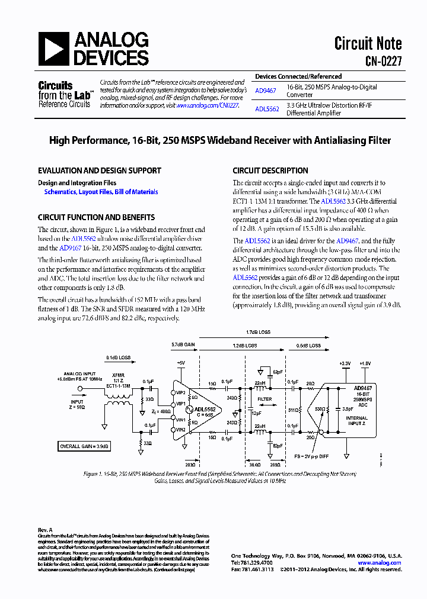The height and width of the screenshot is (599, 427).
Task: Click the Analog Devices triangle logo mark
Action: tap(53, 49)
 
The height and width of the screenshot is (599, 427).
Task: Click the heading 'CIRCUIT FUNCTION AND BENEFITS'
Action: tap(96, 217)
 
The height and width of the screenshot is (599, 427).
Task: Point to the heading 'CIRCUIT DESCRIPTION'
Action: tap(270, 170)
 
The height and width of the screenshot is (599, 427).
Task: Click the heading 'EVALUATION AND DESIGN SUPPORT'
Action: tap(99, 170)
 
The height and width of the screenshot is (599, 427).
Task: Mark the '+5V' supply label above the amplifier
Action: tap(180, 362)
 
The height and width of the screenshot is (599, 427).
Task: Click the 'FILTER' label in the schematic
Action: tap(264, 399)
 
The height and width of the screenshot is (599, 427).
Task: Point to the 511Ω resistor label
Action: tap(293, 410)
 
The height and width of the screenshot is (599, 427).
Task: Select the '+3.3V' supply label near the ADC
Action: tap(345, 363)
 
